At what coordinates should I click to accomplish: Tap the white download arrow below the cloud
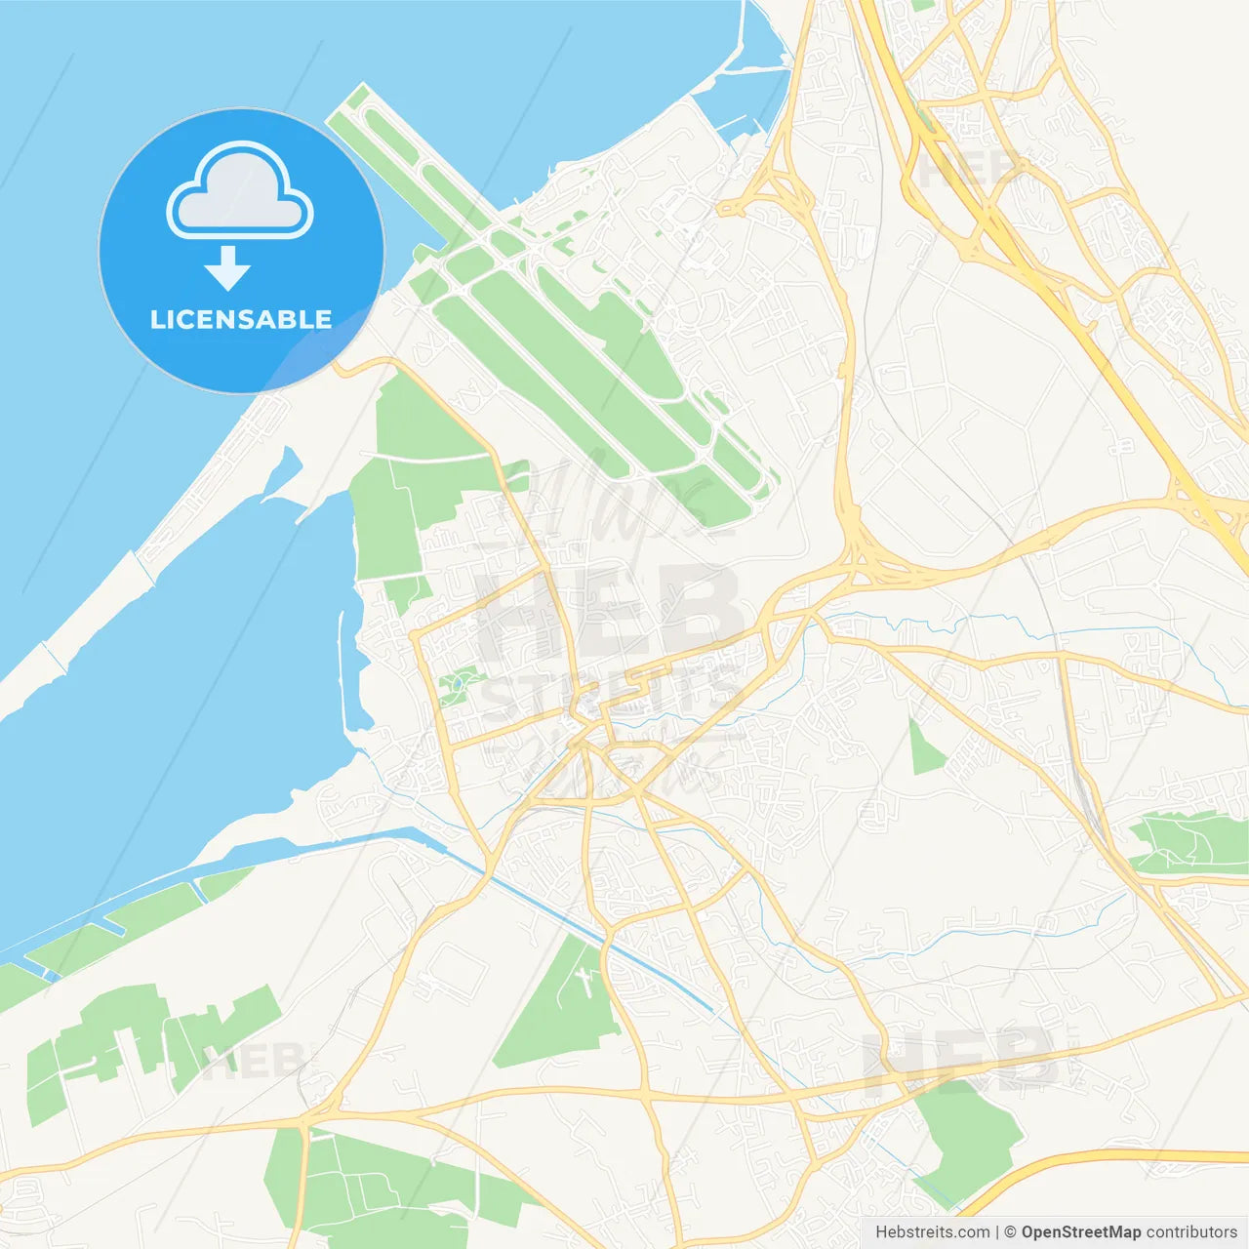(x=228, y=268)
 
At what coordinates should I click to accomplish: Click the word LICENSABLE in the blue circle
(x=241, y=319)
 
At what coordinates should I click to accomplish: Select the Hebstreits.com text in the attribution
(x=932, y=1232)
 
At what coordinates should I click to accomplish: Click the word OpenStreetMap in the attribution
(x=1080, y=1232)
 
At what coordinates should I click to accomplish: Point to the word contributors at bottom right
(x=1191, y=1232)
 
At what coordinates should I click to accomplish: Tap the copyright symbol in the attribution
(x=1010, y=1232)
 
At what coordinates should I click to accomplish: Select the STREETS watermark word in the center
(x=610, y=688)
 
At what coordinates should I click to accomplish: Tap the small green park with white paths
(x=457, y=685)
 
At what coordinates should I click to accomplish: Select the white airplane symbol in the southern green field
(x=584, y=979)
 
